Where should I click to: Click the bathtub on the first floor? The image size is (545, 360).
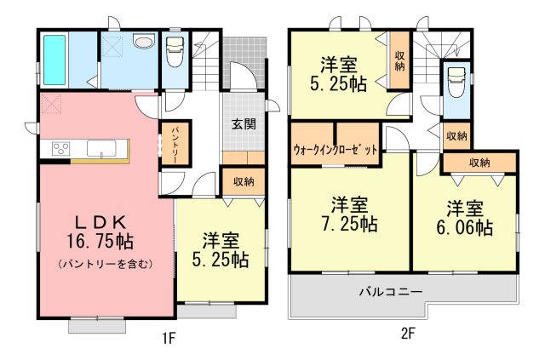54,60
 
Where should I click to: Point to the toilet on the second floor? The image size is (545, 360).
456,83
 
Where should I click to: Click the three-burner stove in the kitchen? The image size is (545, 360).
60,148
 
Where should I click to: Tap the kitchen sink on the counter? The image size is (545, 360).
101,148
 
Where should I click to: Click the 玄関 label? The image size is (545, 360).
244,124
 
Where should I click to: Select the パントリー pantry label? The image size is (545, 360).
175,144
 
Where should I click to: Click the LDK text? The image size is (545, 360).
100,221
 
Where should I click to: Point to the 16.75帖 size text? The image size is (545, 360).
100,241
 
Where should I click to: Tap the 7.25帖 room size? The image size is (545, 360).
348,224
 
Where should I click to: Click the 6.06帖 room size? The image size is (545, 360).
464,228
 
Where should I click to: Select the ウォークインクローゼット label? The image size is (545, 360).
336,150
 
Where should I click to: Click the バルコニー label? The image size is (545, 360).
391,291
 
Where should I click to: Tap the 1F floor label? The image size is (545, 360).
169,338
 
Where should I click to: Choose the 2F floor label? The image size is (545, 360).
408,334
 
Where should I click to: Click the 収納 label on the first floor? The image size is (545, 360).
244,181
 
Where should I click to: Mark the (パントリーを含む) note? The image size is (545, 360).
106,264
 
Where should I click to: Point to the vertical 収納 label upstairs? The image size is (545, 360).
399,61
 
